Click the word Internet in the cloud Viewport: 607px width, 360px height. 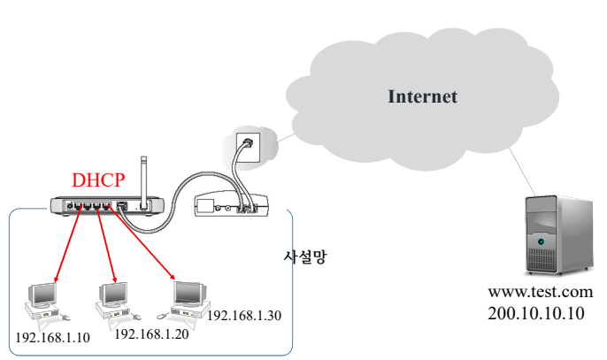tap(423, 96)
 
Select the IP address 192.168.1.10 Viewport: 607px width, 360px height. tap(53, 337)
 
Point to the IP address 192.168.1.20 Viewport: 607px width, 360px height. tap(151, 333)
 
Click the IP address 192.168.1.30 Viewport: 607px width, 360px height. tap(243, 315)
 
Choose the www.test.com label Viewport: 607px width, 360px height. tap(540, 293)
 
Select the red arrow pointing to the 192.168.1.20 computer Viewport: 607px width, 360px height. tap(106, 247)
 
